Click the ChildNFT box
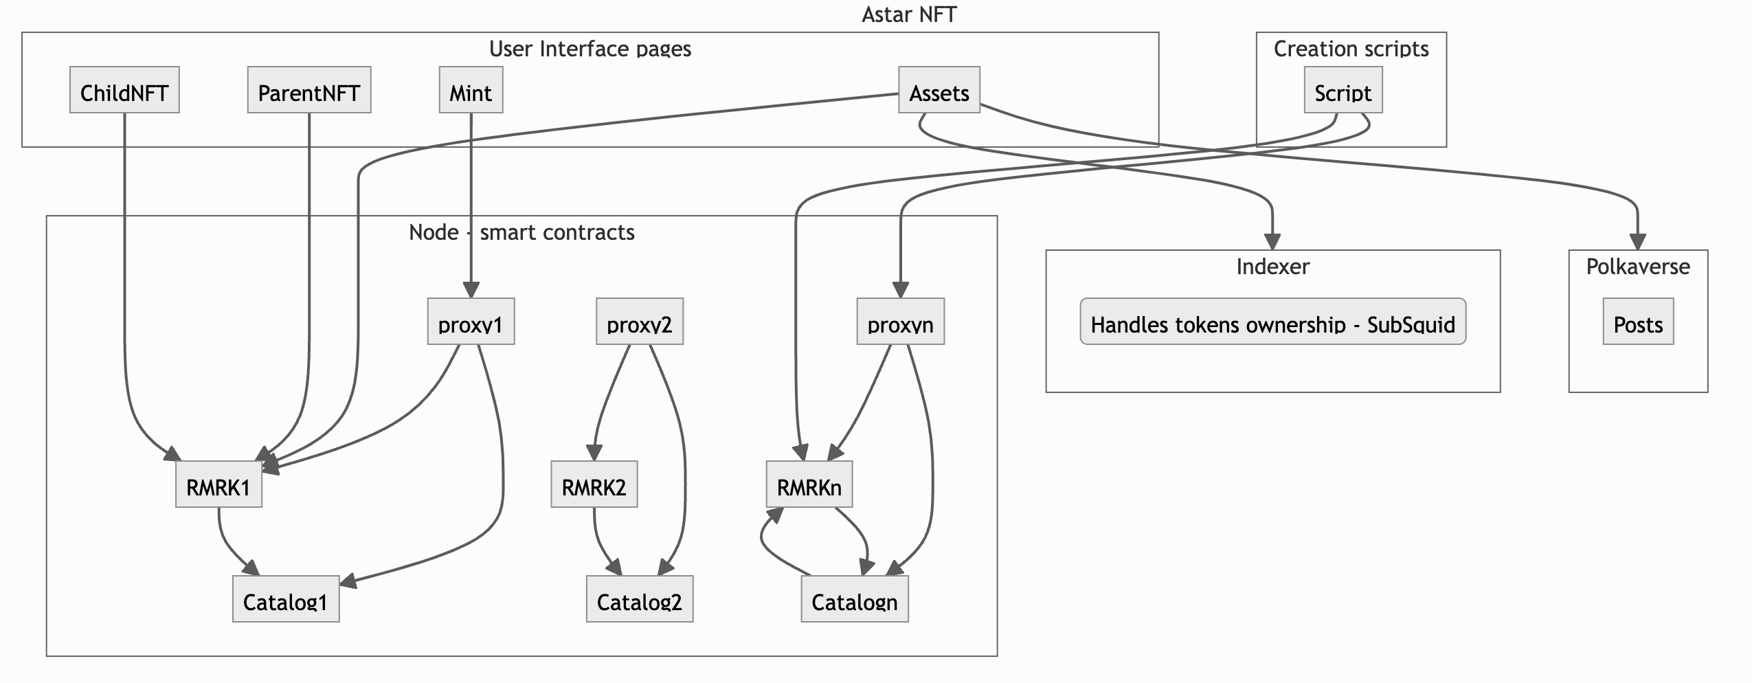124,90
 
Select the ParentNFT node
308,90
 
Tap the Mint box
471,90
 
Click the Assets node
939,90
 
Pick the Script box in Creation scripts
1343,90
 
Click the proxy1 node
471,322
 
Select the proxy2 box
639,322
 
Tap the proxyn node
900,322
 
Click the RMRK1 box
218,484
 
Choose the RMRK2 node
594,484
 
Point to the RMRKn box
809,484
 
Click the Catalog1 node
285,599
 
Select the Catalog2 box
639,599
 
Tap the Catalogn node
854,599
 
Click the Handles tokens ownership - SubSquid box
1272,322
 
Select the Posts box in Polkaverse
1638,322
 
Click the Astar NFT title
908,14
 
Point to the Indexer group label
1272,267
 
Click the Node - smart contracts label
521,232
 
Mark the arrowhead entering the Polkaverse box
1638,242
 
